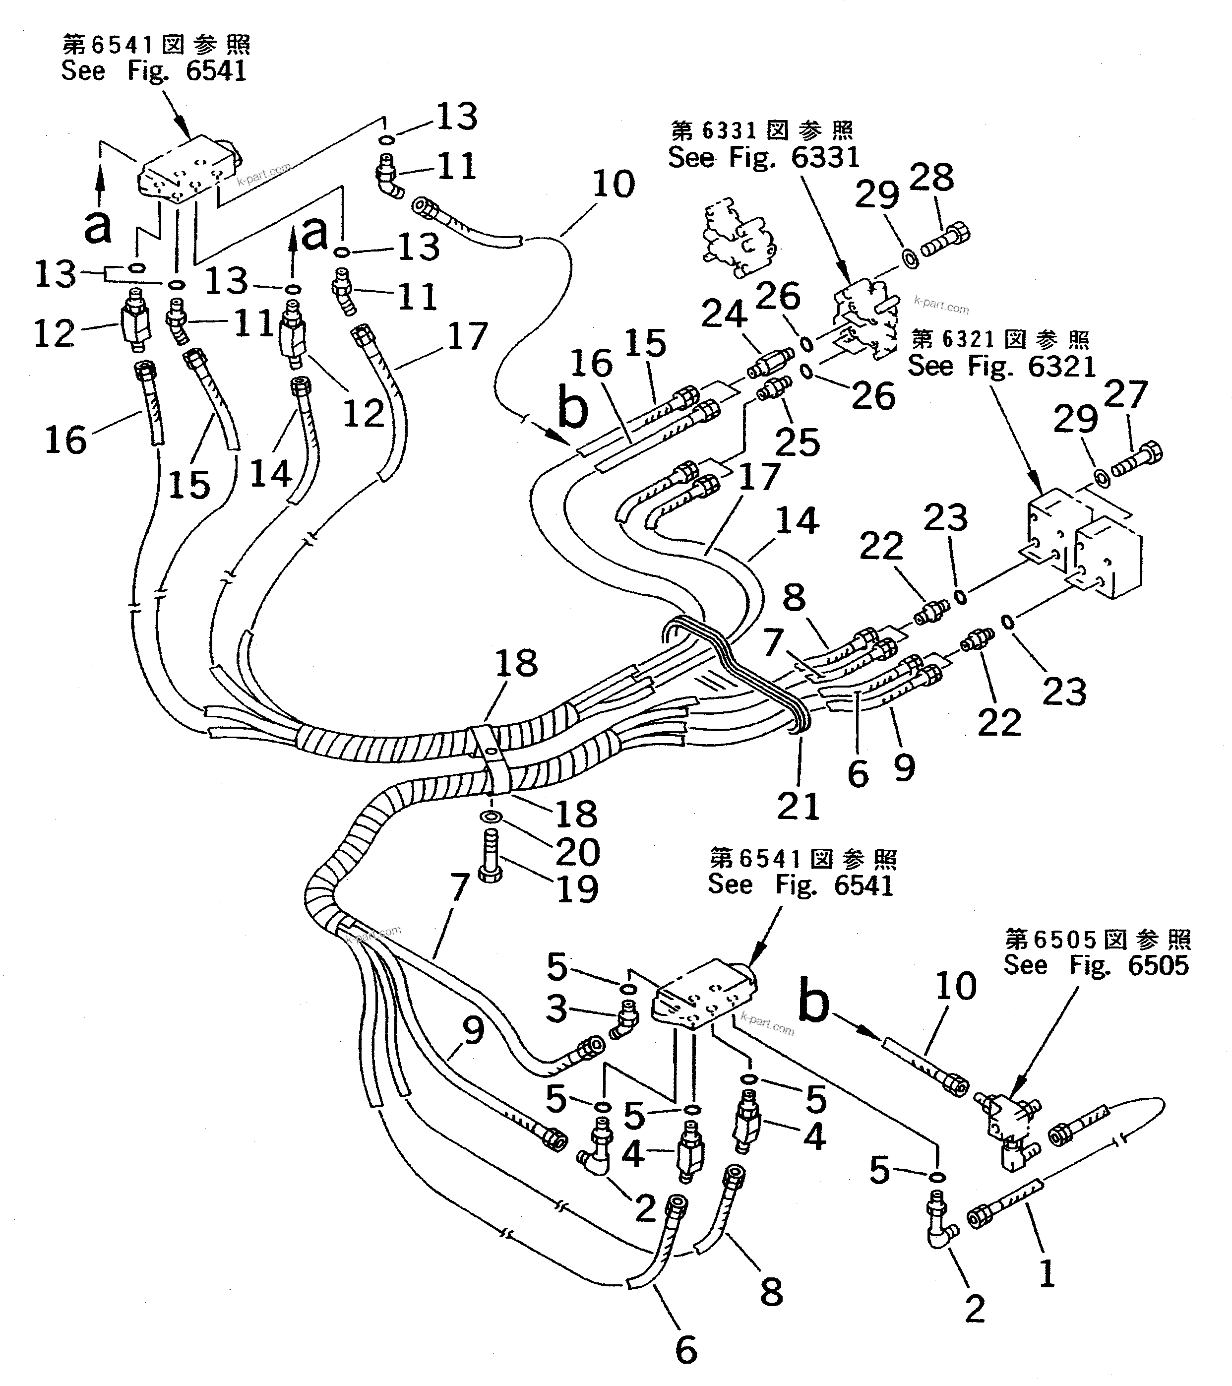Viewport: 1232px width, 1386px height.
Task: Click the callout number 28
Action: (931, 178)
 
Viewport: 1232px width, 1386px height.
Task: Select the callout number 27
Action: (1125, 395)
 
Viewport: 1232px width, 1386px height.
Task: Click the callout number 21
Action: (798, 806)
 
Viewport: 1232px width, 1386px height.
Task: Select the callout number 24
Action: (724, 314)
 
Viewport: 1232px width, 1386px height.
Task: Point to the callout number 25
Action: (798, 442)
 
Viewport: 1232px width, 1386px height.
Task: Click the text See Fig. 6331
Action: (763, 157)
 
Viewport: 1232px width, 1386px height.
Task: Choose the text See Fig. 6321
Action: (1001, 366)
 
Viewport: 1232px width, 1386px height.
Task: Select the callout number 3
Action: (556, 1008)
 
